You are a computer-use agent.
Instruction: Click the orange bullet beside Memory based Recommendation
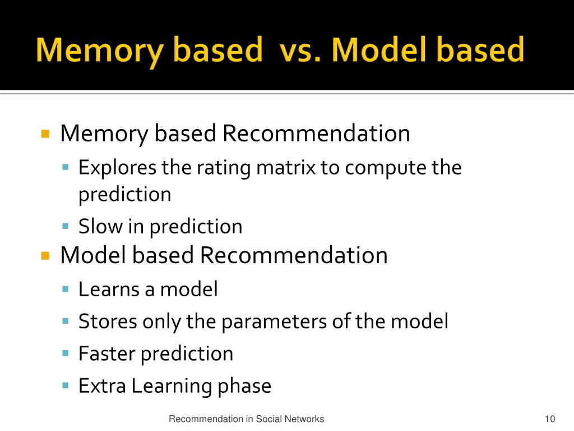(x=46, y=134)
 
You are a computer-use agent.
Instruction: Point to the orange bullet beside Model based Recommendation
(x=46, y=256)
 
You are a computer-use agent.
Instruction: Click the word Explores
(x=117, y=167)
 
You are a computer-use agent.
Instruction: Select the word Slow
(x=100, y=226)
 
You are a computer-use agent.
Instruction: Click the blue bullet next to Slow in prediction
(x=65, y=226)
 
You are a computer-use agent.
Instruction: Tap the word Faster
(x=107, y=354)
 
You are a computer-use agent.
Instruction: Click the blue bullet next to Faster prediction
(x=65, y=354)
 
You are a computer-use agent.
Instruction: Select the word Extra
(x=102, y=386)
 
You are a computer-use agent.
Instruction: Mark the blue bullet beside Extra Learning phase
(x=65, y=386)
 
